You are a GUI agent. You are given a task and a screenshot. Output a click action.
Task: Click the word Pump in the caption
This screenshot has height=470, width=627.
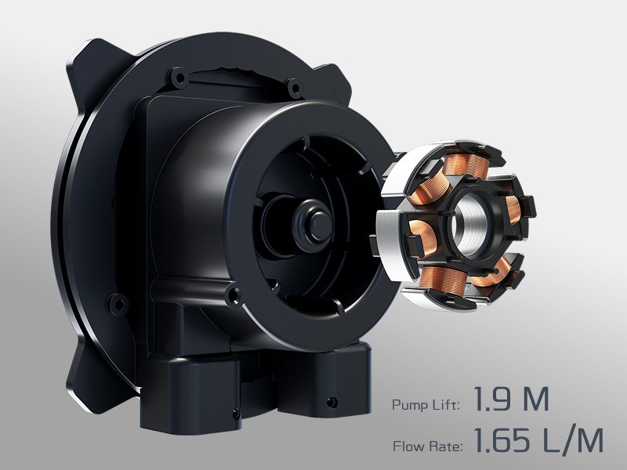coord(408,405)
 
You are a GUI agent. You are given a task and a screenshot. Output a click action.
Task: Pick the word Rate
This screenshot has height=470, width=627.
coord(446,446)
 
